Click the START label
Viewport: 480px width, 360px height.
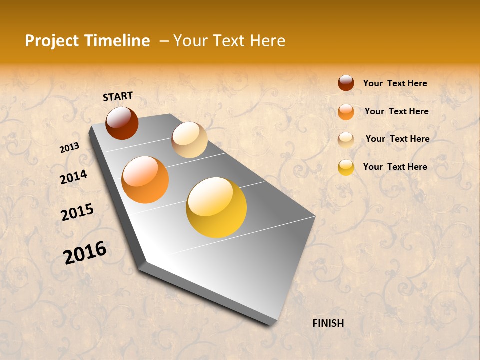[x=118, y=96]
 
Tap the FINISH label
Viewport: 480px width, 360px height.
[x=328, y=323]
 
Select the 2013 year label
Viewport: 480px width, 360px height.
[x=70, y=148]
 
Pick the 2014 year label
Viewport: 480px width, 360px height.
[x=73, y=177]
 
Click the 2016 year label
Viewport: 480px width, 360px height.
[x=85, y=252]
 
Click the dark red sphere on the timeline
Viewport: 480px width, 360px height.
[x=122, y=123]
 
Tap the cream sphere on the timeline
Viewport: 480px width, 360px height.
[x=189, y=140]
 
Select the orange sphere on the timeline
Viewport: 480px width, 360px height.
[x=145, y=180]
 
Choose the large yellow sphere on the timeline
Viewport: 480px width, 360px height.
[x=216, y=207]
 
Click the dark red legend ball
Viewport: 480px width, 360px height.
[x=346, y=83]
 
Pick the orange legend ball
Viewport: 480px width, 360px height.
[x=346, y=112]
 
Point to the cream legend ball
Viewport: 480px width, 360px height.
[x=346, y=139]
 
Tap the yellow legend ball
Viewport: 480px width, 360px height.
[x=346, y=167]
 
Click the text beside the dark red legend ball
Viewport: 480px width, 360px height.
[x=395, y=84]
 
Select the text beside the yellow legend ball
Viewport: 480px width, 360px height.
[x=395, y=167]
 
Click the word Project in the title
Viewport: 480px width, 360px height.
[x=52, y=41]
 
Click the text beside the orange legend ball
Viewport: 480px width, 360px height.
[x=396, y=111]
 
